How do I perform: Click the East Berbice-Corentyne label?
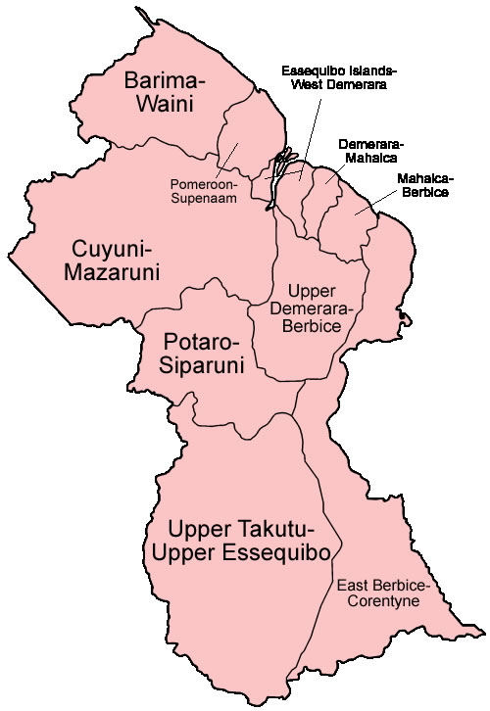tap(382, 593)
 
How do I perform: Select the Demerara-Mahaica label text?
tap(371, 150)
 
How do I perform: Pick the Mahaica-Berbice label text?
tap(423, 186)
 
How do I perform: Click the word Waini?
tap(164, 104)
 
